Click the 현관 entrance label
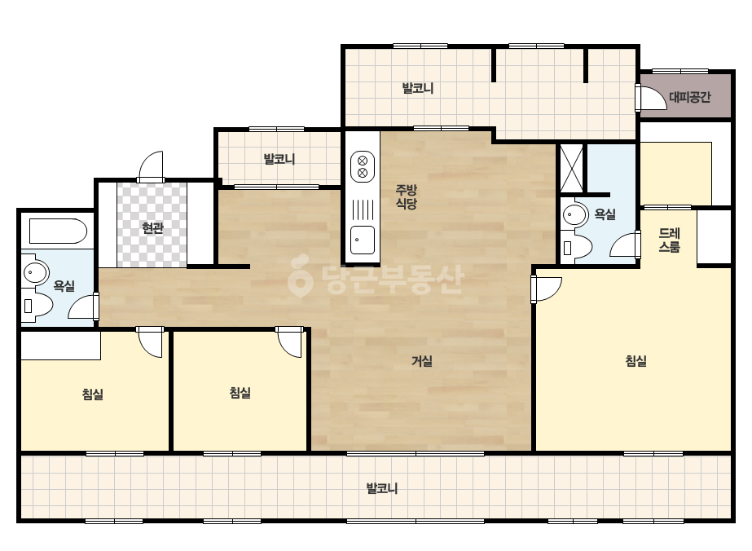click(x=152, y=228)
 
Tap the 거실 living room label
click(x=422, y=361)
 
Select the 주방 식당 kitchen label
click(x=407, y=196)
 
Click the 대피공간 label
click(x=689, y=98)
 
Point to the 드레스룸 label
click(x=669, y=240)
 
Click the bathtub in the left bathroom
click(x=58, y=231)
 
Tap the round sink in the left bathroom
click(x=35, y=272)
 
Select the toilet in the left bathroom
click(x=37, y=306)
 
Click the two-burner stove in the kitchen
click(x=363, y=166)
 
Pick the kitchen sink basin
click(x=363, y=240)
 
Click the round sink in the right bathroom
click(x=574, y=214)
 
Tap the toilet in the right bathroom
click(x=577, y=248)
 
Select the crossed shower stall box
click(x=572, y=169)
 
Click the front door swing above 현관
click(x=151, y=166)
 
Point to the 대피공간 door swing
click(x=653, y=98)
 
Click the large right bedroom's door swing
click(x=548, y=289)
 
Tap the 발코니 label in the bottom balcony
click(x=382, y=488)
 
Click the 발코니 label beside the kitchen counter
click(x=279, y=159)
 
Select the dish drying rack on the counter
click(x=363, y=209)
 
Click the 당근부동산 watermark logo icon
click(x=300, y=276)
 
